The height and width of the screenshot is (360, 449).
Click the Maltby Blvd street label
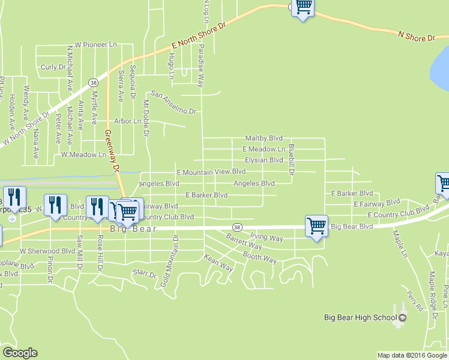pos(264,138)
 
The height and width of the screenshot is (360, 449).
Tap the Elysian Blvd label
pos(264,160)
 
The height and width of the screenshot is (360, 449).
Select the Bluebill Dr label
pos(291,159)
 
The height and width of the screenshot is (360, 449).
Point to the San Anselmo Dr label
pos(174,103)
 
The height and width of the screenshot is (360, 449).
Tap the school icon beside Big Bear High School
pos(403,317)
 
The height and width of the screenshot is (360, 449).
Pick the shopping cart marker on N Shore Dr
pos(303,8)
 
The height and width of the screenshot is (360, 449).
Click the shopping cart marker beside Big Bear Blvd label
pos(316,226)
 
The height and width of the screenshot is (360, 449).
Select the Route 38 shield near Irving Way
pos(238,227)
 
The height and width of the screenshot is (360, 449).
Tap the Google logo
pos(20,353)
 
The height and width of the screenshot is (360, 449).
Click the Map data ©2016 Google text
pos(412,355)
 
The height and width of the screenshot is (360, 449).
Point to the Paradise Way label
pos(202,66)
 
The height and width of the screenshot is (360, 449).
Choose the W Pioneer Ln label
pos(92,45)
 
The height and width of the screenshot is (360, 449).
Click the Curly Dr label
pos(53,67)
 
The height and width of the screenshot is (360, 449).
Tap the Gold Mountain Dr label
pos(170,261)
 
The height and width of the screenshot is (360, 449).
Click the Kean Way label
pos(218,262)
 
